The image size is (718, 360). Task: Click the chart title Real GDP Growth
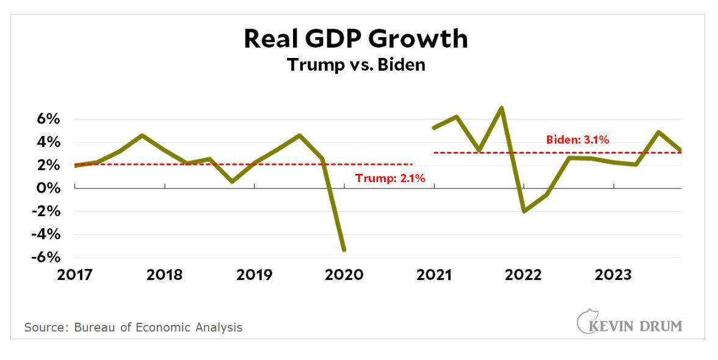coord(356,38)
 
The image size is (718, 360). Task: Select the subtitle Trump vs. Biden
coord(356,64)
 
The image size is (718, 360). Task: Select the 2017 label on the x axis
coord(74,275)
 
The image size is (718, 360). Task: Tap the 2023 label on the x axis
coord(613,275)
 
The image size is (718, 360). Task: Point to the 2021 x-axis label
coord(433,275)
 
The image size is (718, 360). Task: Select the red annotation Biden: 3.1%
coord(578,140)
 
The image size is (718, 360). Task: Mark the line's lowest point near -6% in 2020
coord(344,250)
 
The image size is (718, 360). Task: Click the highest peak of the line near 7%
coord(501,108)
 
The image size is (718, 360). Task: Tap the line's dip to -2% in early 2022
coord(524,211)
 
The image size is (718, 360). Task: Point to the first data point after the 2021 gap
coord(433,128)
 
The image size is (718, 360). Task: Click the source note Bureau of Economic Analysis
coord(133,328)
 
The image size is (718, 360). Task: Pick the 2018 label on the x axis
coord(164,275)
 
